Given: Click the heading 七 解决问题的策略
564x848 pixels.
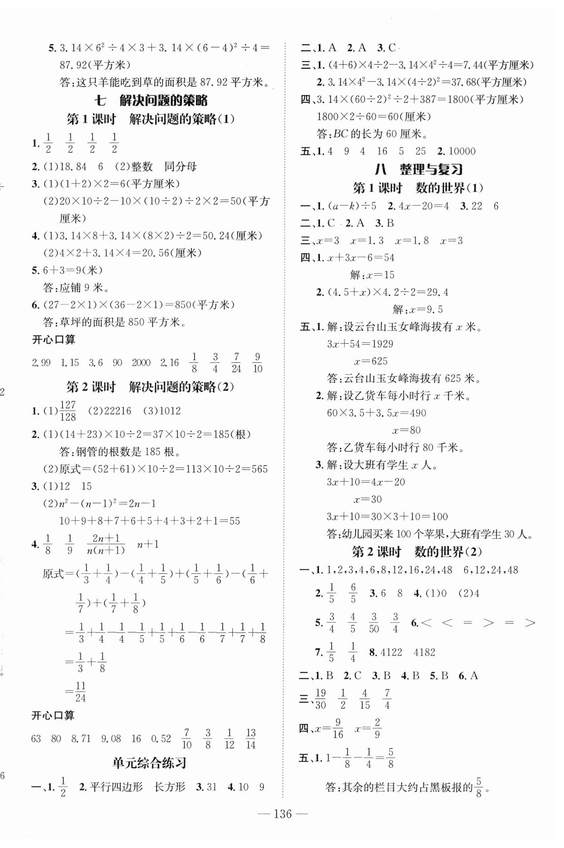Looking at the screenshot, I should point(151,100).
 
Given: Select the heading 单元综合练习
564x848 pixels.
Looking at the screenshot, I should point(149,764).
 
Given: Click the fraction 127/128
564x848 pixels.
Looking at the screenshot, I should point(68,411).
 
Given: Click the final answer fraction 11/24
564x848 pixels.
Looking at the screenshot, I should point(81,692).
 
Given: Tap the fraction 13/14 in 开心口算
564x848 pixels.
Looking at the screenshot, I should point(251,739).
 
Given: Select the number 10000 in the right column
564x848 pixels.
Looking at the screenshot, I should point(462,151).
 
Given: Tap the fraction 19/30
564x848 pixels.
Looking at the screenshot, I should point(320,699).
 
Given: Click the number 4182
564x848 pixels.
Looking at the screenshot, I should point(424,652).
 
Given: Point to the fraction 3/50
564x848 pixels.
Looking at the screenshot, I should point(374,623).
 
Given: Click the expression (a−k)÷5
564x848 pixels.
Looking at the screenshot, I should point(351,206).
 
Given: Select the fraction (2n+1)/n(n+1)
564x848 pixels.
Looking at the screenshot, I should point(106,544).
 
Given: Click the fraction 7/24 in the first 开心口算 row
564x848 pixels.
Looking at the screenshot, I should point(236,363).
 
